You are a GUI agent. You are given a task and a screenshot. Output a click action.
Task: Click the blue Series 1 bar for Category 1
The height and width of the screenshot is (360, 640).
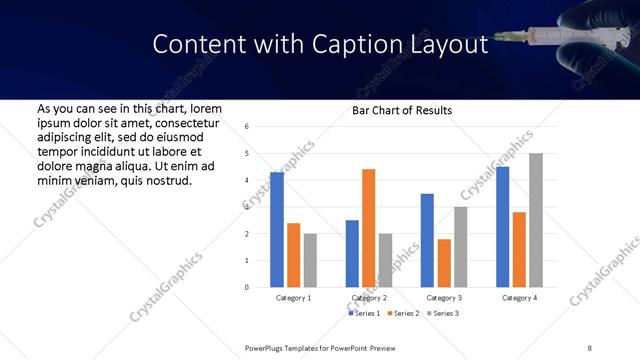tap(277, 230)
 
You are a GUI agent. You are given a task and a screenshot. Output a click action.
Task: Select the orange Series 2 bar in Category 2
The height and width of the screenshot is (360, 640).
tap(368, 228)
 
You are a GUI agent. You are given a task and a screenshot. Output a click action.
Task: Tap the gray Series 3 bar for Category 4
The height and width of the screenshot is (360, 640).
tap(536, 220)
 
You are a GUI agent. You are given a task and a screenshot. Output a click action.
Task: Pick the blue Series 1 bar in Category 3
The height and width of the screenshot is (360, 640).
tap(427, 240)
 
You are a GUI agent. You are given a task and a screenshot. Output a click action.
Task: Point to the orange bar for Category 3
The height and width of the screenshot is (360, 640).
tap(444, 263)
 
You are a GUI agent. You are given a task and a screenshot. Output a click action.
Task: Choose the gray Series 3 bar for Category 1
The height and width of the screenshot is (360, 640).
tap(310, 260)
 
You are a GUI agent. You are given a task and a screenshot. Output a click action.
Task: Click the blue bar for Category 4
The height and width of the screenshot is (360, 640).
tap(503, 227)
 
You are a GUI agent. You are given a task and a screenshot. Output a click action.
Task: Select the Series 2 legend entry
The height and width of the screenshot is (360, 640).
tap(403, 314)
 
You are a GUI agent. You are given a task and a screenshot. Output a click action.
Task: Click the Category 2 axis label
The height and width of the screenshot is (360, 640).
tap(369, 298)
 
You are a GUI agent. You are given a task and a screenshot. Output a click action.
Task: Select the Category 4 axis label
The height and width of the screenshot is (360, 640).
tap(519, 298)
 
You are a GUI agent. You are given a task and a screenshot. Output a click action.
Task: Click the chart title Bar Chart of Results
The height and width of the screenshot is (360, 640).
tap(402, 110)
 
